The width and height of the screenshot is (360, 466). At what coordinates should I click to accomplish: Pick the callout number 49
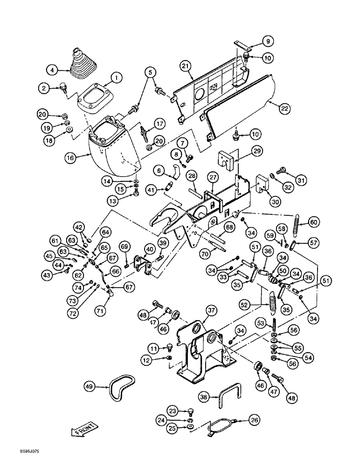pos(90,386)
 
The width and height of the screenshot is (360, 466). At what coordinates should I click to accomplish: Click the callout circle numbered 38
pos(202,396)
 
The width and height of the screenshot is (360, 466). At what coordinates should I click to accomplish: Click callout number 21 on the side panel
pos(186,68)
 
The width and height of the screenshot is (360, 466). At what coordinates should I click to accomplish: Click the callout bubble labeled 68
pos(229,227)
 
